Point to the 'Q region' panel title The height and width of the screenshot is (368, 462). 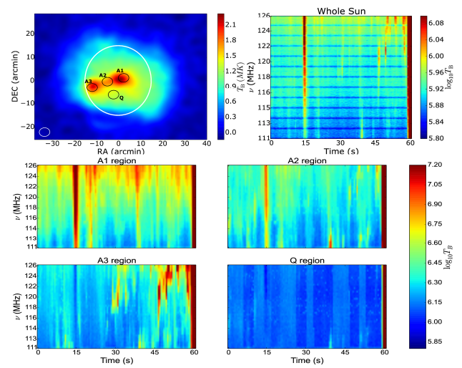tap(305, 261)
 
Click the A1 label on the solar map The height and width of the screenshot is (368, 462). tap(120, 70)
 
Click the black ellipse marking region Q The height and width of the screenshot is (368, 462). tap(113, 95)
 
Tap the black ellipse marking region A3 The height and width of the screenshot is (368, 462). tap(92, 87)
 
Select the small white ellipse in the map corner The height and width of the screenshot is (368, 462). tap(44, 132)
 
